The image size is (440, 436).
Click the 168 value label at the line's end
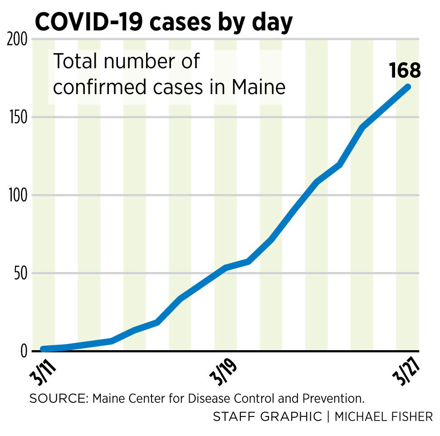pos(405,70)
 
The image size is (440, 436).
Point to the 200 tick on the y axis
pos(18,40)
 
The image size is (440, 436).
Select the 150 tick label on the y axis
pos(18,117)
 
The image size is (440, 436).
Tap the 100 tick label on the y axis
pos(18,195)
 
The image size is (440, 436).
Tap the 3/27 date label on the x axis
pos(405,373)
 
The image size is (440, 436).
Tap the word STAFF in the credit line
pos(231,416)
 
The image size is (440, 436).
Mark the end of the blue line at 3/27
pos(407,87)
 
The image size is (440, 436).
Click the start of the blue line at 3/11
pos(44,349)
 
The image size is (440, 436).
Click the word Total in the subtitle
pos(77,61)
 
